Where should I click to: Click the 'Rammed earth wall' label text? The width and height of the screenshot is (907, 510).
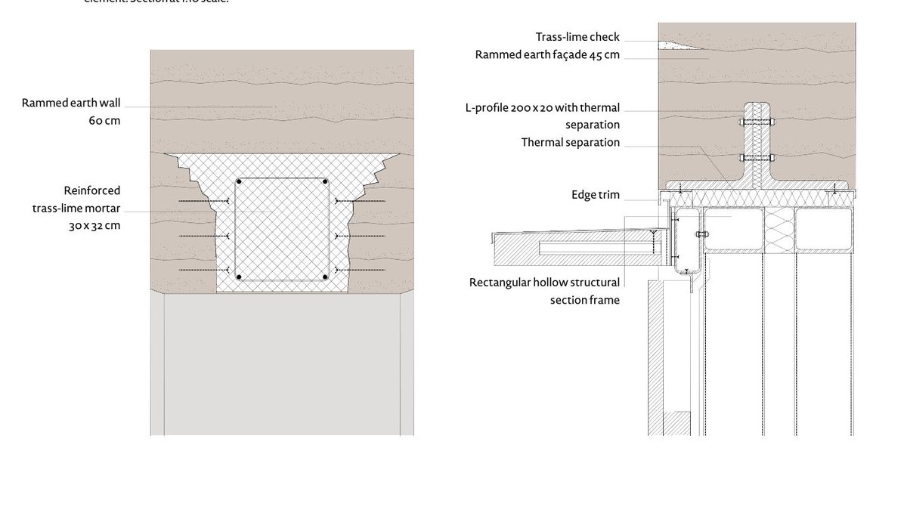click(x=71, y=103)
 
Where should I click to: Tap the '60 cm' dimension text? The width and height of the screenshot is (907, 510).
click(x=104, y=121)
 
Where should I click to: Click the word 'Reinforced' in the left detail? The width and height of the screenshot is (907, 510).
click(x=92, y=190)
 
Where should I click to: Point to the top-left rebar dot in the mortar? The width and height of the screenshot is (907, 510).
click(x=240, y=182)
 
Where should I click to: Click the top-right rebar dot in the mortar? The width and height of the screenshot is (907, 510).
click(x=325, y=182)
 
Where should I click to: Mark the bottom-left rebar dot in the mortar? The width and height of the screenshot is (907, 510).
click(x=240, y=277)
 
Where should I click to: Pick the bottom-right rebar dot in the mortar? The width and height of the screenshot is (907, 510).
click(x=325, y=277)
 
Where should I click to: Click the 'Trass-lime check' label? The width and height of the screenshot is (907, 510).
click(x=577, y=37)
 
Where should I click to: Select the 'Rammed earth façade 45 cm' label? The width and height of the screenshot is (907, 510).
click(x=547, y=54)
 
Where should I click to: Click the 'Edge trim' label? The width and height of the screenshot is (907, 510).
click(x=596, y=195)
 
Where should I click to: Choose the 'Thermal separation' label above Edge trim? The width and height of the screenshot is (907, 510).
click(x=571, y=142)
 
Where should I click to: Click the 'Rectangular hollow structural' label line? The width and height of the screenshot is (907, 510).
click(x=544, y=283)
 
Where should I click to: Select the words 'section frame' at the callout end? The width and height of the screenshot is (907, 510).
click(x=584, y=300)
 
